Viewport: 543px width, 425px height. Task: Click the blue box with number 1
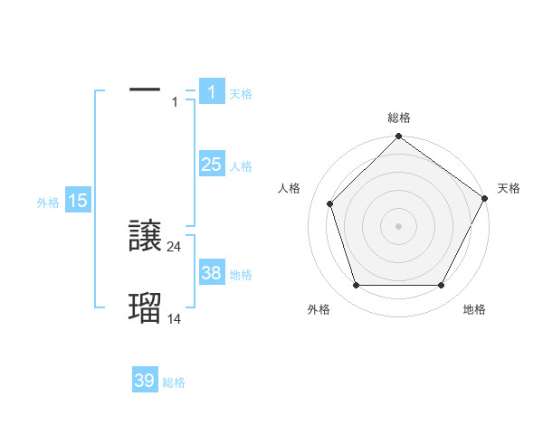(x=211, y=91)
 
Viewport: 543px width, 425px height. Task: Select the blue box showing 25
(x=211, y=164)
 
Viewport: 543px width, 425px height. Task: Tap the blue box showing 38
(x=211, y=272)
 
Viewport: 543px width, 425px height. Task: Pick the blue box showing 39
(x=145, y=381)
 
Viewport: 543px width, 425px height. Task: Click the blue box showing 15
(x=78, y=201)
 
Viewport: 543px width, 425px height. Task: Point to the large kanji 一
(x=145, y=90)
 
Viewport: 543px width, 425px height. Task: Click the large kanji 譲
(x=145, y=236)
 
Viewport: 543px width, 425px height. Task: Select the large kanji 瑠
(x=145, y=308)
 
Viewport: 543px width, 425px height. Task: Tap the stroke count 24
(x=175, y=246)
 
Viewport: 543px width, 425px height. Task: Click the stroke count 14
(x=175, y=318)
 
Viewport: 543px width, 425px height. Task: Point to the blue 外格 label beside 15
(x=48, y=203)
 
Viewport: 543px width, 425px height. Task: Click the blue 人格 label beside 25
(x=241, y=166)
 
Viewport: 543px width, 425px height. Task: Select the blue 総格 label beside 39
(x=175, y=383)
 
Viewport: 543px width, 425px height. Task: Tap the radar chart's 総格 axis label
(x=398, y=118)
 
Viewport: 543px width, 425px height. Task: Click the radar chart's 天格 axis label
(x=509, y=188)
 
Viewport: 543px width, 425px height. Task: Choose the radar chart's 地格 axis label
(x=474, y=309)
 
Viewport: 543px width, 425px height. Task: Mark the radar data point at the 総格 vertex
(x=398, y=137)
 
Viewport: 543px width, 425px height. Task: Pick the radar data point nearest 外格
(x=356, y=286)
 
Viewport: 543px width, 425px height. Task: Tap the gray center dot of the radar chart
(x=398, y=225)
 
